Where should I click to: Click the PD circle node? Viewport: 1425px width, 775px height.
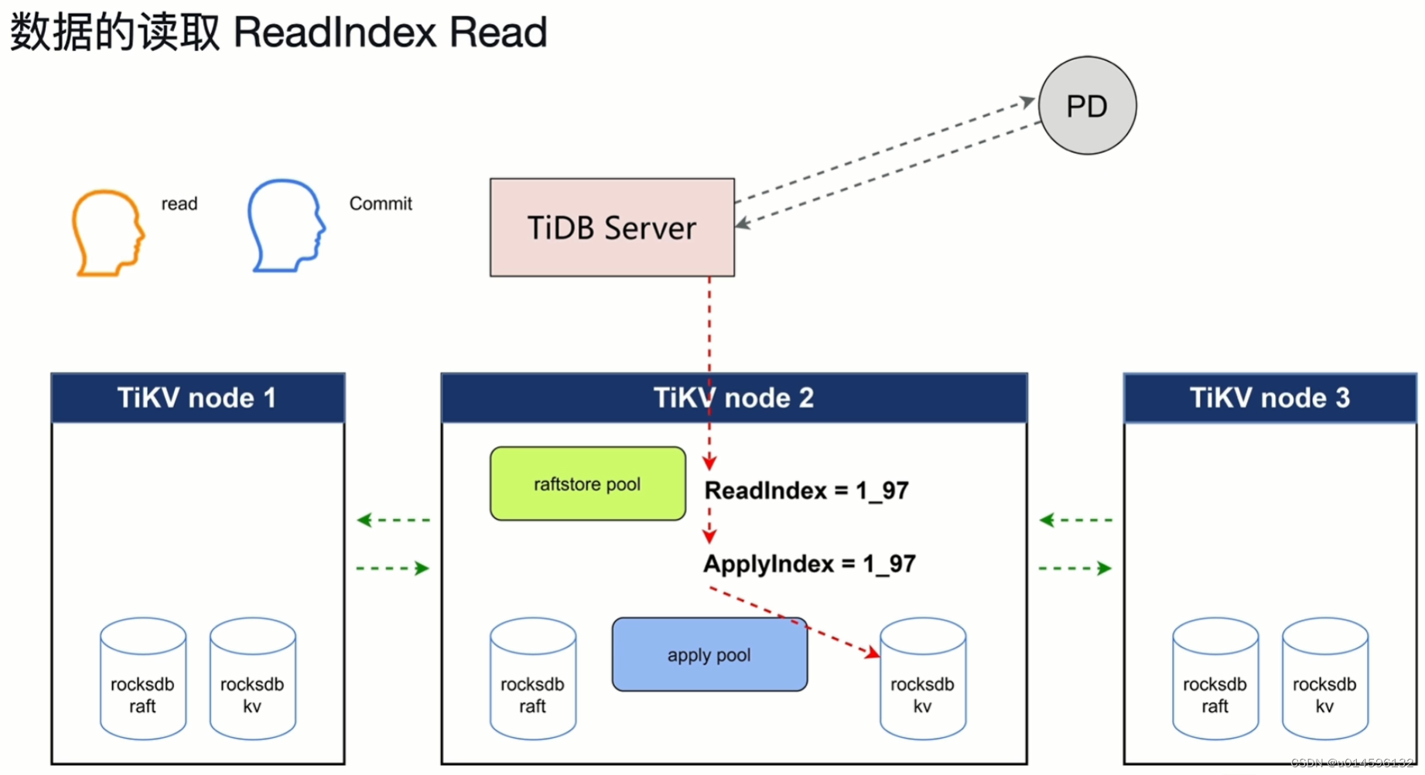tap(1087, 106)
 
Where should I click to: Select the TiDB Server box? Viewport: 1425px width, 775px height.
tap(611, 227)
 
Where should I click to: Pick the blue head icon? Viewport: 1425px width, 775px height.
tap(285, 226)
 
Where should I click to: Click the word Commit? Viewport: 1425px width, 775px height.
tap(381, 203)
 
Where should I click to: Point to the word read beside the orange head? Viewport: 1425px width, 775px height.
tap(179, 203)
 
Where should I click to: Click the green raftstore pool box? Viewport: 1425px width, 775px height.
tap(587, 484)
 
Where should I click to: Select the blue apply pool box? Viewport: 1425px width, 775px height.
tap(709, 655)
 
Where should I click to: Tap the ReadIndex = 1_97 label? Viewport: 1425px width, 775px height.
tap(806, 490)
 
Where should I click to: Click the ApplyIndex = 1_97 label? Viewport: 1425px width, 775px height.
tap(809, 564)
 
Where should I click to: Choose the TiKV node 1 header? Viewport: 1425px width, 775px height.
tap(197, 398)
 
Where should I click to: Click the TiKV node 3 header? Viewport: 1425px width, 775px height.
tap(1270, 398)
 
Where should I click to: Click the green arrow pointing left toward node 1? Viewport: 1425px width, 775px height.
tap(392, 520)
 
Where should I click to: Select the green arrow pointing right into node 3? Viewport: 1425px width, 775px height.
tap(1076, 568)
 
